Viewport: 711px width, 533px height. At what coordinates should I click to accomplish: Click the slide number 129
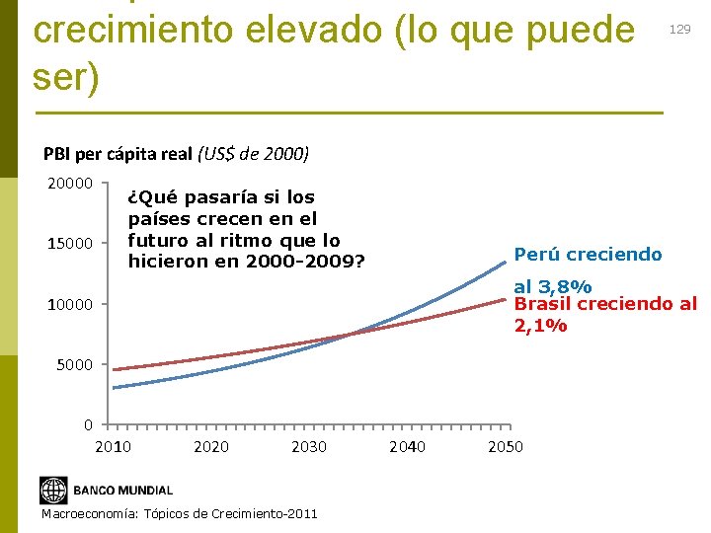click(x=679, y=30)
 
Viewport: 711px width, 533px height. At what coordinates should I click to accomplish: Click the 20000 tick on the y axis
click(x=70, y=184)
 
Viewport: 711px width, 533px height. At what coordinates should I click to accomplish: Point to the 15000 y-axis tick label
click(x=70, y=244)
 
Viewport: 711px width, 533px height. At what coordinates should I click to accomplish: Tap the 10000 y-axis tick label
click(x=70, y=304)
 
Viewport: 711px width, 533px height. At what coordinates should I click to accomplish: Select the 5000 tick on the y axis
click(x=74, y=365)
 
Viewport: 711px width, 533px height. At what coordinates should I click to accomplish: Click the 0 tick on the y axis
click(x=89, y=425)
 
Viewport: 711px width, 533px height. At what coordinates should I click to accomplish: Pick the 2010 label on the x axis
click(x=113, y=447)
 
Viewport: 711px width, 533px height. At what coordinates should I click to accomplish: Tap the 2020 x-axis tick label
click(x=210, y=447)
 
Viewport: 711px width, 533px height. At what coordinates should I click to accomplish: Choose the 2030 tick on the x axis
click(x=309, y=447)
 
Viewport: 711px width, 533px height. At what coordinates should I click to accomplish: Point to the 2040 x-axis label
click(x=407, y=447)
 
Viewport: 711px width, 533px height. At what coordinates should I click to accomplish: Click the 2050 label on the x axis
click(x=506, y=447)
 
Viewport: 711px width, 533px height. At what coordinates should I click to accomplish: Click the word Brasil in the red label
click(x=541, y=304)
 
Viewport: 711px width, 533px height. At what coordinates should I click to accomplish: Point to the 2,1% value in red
click(x=540, y=325)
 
